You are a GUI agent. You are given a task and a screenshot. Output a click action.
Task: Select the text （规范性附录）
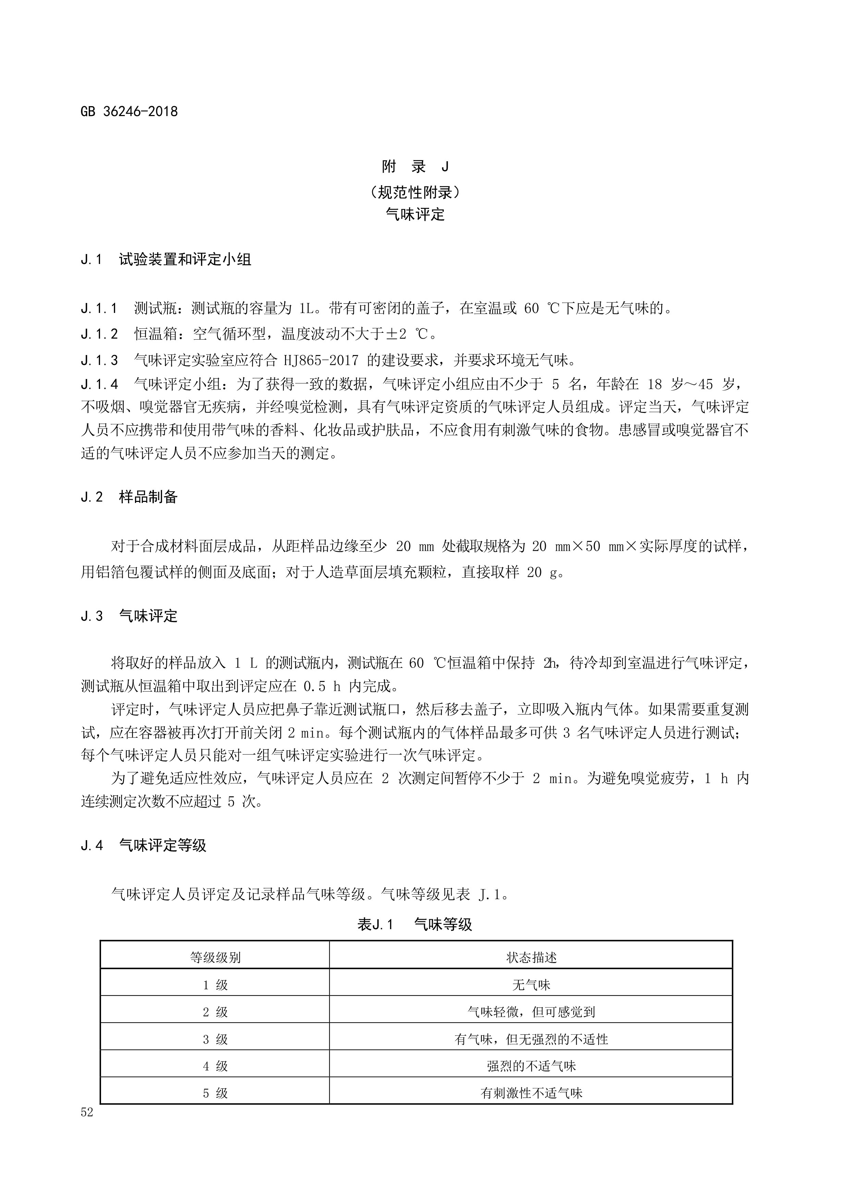click(415, 192)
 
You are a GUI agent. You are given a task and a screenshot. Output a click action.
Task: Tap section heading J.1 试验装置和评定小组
click(166, 260)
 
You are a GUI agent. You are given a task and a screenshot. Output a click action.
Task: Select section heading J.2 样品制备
click(129, 497)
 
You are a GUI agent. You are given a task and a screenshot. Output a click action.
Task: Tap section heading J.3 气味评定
click(129, 616)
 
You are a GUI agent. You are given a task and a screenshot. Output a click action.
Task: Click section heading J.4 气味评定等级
click(144, 845)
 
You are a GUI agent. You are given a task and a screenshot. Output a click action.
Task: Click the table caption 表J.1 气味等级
click(415, 924)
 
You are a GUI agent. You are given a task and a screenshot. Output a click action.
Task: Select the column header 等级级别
click(215, 957)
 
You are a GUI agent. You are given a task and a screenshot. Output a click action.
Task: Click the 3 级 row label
click(215, 1039)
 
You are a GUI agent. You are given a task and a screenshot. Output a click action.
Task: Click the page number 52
click(87, 1112)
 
